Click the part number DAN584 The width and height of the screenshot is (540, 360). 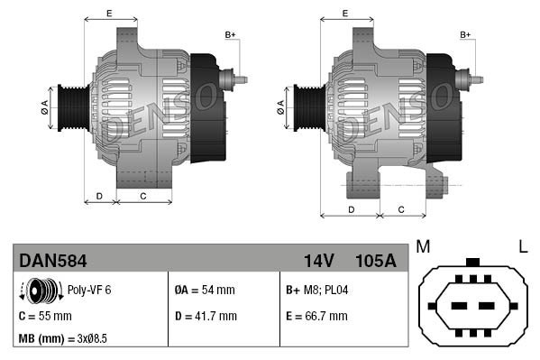[x=53, y=261]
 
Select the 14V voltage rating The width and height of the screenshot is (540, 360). [x=319, y=261]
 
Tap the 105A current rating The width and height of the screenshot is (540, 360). [x=375, y=261]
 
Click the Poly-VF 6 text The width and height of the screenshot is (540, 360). [x=89, y=291]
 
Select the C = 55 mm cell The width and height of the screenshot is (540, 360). [x=45, y=316]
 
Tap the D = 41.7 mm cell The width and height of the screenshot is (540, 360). [x=205, y=316]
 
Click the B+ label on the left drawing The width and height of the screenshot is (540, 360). [x=230, y=35]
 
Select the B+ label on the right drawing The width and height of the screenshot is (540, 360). [x=466, y=35]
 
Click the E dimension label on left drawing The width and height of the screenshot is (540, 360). [x=109, y=13]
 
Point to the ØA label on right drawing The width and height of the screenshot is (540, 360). [x=279, y=106]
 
